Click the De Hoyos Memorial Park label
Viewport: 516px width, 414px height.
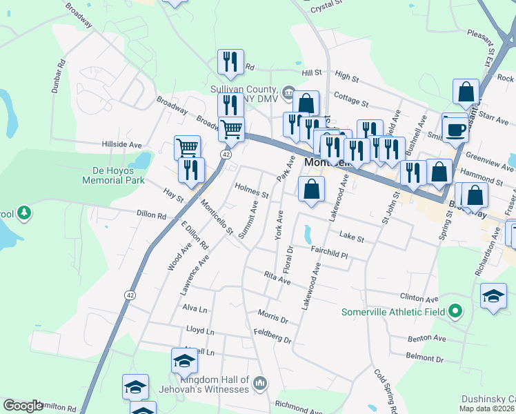[114, 175]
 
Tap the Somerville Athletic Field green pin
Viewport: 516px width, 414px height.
[455, 312]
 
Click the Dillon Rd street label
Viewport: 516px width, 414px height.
[152, 215]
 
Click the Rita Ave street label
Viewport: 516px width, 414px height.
[277, 277]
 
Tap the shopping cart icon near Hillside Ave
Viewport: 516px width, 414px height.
[187, 146]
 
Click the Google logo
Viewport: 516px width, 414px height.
[23, 406]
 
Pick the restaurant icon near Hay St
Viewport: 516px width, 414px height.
[191, 170]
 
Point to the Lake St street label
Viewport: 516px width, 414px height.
[351, 237]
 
